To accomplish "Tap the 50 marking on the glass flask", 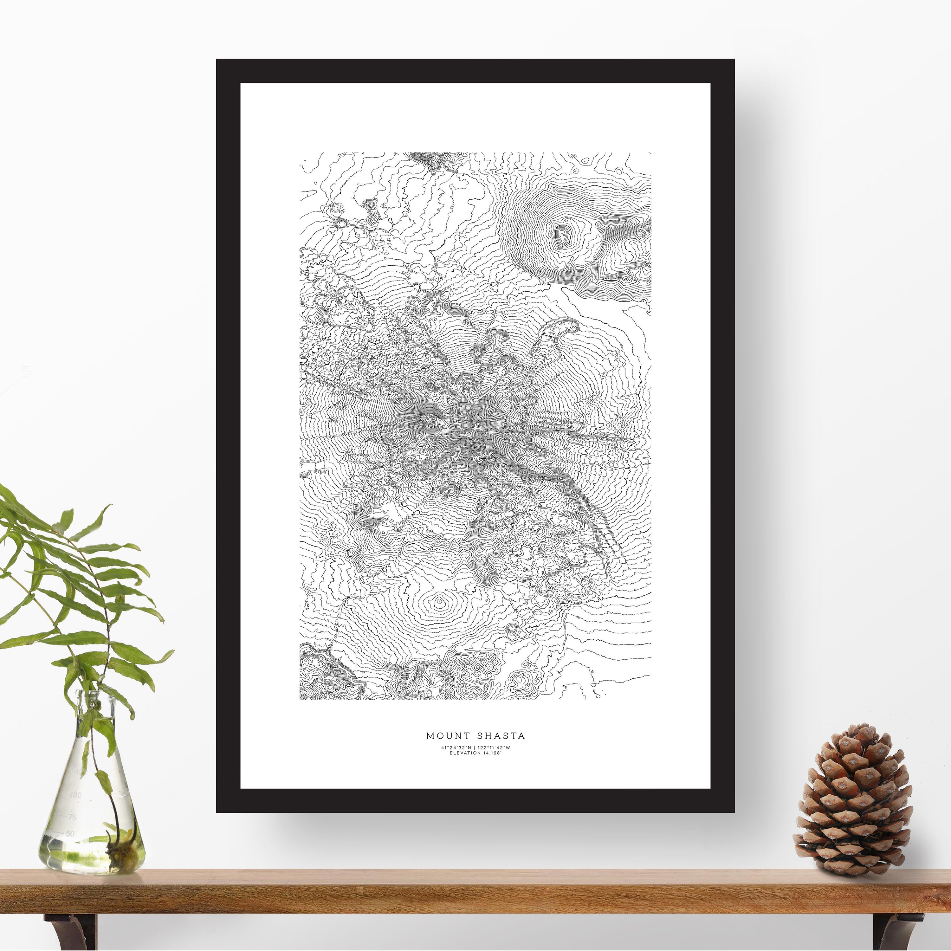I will coord(70,833).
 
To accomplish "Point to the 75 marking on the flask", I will coord(72,817).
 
